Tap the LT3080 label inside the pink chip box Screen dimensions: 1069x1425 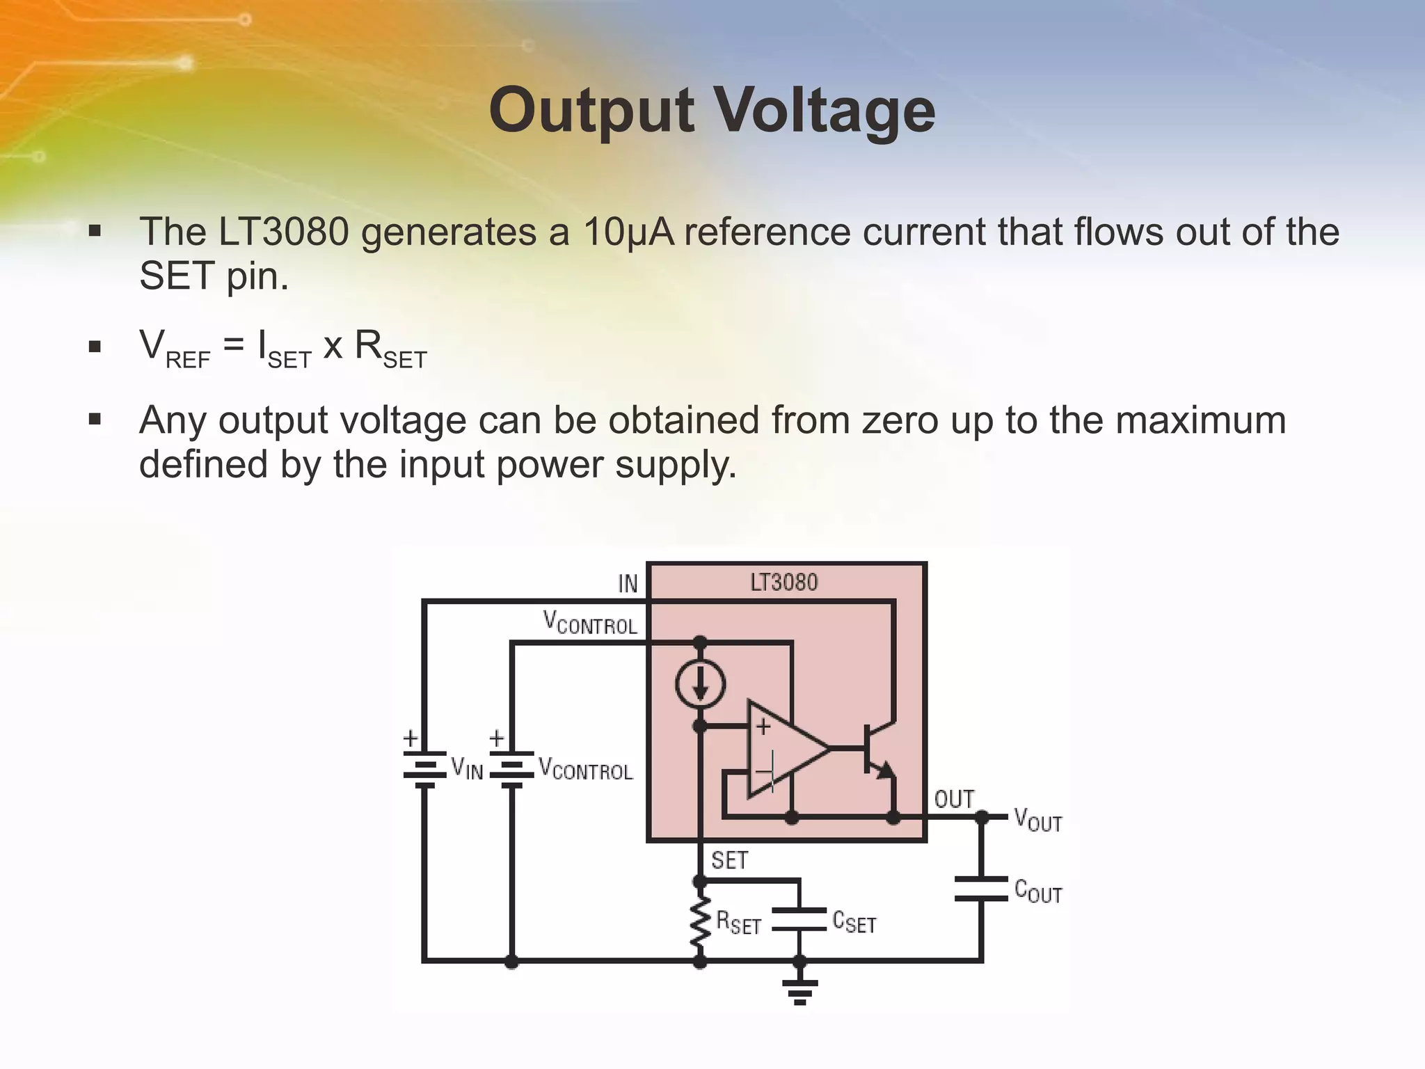pos(783,583)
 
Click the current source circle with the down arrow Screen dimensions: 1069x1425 pos(700,683)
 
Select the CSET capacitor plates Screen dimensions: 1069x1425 pos(799,919)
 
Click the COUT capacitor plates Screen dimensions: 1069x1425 pos(981,889)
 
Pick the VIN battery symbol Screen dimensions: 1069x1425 pos(424,768)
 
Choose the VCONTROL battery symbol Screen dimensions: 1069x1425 pos(511,768)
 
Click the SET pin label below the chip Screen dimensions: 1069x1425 pos(729,861)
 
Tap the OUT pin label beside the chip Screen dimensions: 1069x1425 pos(954,799)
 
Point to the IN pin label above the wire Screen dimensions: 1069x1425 pos(628,584)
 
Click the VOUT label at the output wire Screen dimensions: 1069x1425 pos(1037,819)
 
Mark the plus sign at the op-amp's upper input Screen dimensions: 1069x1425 pos(763,727)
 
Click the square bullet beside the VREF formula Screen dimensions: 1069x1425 pos(95,346)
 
